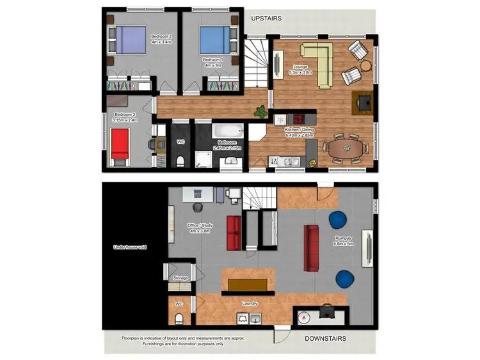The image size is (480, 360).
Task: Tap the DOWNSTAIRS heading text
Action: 324,338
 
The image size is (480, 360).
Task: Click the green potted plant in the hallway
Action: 260,112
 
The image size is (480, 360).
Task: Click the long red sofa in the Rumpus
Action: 312,247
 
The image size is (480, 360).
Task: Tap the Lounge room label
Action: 301,70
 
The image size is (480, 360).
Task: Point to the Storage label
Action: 180,278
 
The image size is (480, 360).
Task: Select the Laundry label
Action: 250,304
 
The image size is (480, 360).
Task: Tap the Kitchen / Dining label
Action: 299,132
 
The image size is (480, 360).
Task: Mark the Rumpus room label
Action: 343,240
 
